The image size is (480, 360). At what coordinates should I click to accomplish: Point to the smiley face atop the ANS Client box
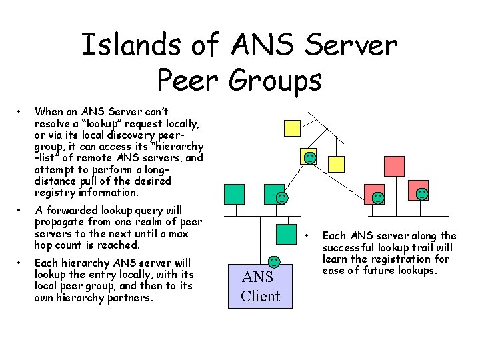[x=274, y=261]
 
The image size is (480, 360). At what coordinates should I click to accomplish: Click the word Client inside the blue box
[x=260, y=296]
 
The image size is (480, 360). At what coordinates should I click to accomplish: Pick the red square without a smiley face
[x=394, y=165]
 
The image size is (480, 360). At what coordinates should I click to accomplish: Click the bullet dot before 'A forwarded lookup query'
[x=21, y=211]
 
